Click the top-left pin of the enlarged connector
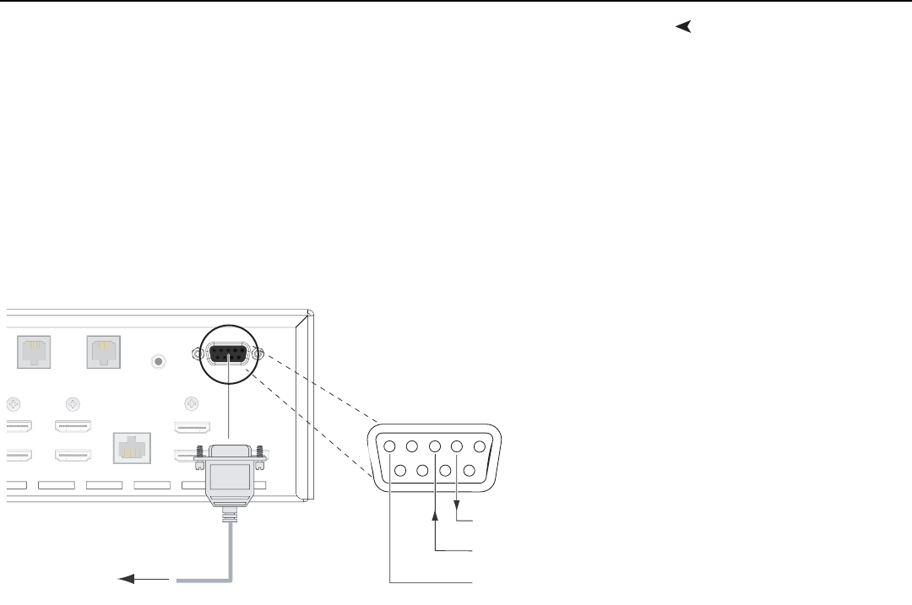point(390,447)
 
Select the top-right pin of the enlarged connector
point(480,447)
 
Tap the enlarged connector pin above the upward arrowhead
point(436,447)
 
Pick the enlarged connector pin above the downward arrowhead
point(458,447)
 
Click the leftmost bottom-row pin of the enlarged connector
point(402,470)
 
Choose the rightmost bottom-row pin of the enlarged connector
point(470,470)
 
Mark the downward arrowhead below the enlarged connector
point(458,506)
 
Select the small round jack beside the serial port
point(156,363)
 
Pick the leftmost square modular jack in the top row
point(34,352)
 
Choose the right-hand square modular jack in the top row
point(103,352)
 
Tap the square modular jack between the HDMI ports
point(131,449)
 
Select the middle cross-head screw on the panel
point(73,403)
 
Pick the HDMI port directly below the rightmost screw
point(193,428)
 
